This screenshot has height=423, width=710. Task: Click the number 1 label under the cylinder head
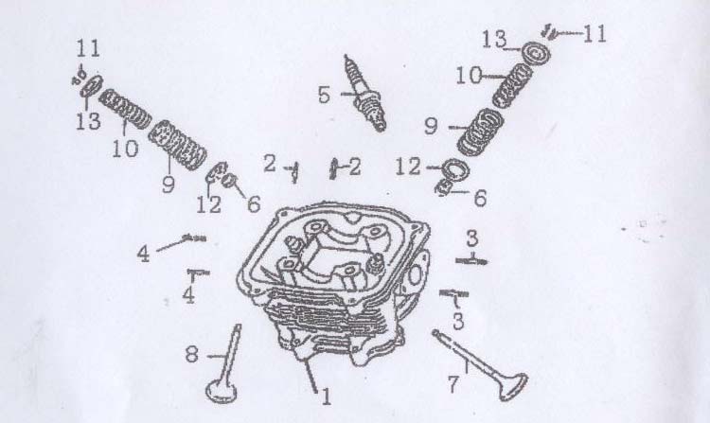(x=327, y=397)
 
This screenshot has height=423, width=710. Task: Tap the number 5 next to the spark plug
(x=324, y=95)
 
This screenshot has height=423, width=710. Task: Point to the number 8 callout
(x=191, y=354)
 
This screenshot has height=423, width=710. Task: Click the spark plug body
(x=365, y=93)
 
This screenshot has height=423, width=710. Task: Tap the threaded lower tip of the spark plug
(x=381, y=124)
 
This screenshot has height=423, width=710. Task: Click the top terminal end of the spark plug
(x=347, y=59)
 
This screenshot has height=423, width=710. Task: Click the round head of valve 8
(x=222, y=392)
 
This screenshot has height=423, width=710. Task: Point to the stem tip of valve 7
(x=435, y=332)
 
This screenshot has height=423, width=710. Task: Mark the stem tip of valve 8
(x=238, y=326)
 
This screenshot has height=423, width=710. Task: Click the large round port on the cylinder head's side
(x=415, y=274)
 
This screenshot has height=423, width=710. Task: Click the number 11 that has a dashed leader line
(x=595, y=34)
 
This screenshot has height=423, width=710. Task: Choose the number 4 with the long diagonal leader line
(x=143, y=255)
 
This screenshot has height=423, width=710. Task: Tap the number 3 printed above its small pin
(x=471, y=238)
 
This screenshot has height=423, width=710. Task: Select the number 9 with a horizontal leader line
(x=431, y=126)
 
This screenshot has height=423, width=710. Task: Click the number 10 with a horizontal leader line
(x=470, y=76)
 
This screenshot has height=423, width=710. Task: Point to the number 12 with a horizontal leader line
(x=408, y=167)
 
